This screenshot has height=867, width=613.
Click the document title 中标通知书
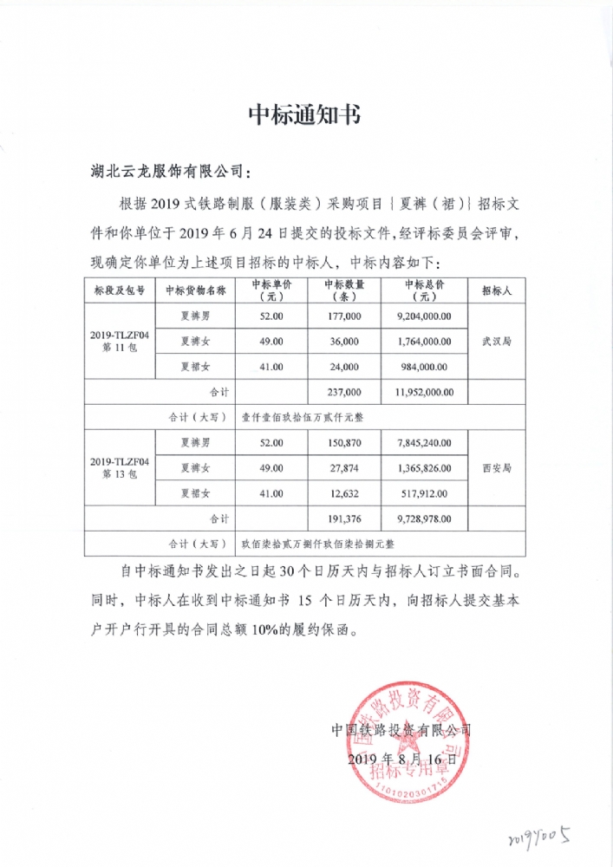(x=305, y=116)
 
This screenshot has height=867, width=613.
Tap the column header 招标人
(x=497, y=290)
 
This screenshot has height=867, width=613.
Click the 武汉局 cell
(x=497, y=342)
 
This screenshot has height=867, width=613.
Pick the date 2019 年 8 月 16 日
(x=400, y=758)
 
